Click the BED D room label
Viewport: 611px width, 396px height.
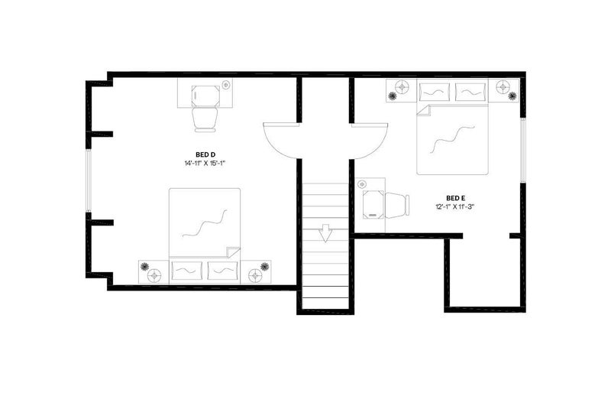click(x=205, y=155)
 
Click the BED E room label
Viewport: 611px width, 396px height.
click(x=455, y=198)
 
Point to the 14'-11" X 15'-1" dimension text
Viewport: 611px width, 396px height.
click(x=205, y=164)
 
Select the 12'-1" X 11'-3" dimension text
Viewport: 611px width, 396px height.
click(x=454, y=206)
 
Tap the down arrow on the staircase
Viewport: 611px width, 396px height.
click(x=325, y=233)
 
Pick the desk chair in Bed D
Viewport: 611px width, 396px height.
click(x=205, y=119)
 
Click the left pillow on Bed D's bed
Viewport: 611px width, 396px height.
click(x=187, y=271)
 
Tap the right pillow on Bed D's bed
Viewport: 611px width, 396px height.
click(x=222, y=271)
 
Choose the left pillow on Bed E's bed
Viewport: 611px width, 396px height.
click(x=435, y=92)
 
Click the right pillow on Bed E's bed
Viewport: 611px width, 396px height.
click(x=470, y=92)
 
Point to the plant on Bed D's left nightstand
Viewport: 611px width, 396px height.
click(x=144, y=267)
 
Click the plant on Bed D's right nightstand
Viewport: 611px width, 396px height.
click(x=265, y=267)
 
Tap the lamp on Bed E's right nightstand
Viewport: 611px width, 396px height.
click(x=503, y=86)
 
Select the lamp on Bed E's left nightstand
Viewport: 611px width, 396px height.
click(x=402, y=86)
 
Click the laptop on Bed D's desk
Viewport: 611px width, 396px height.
click(x=205, y=96)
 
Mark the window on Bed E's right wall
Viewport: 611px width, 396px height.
click(x=523, y=150)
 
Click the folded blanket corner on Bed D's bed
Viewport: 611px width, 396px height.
click(x=234, y=252)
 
